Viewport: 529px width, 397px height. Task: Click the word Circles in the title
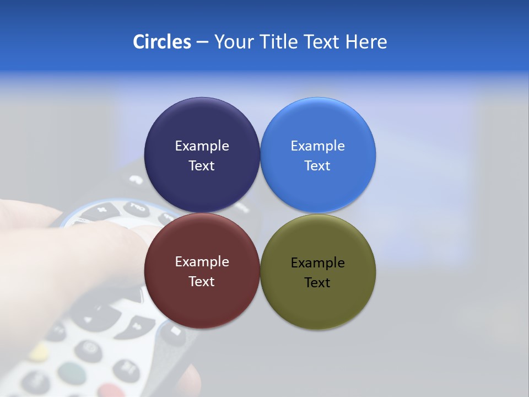(x=162, y=42)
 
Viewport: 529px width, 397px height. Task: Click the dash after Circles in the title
(x=202, y=42)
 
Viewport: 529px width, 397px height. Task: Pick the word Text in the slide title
(x=322, y=42)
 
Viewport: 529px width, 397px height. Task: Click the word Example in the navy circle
(x=202, y=146)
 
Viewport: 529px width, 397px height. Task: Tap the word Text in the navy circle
(x=202, y=166)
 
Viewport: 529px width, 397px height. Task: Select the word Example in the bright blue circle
(x=317, y=146)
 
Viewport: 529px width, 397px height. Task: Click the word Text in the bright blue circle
(x=317, y=166)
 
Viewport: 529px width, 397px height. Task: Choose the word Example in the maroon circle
(x=202, y=262)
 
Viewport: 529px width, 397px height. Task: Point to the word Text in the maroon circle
(x=202, y=282)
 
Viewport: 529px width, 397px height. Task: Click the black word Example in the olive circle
(x=317, y=263)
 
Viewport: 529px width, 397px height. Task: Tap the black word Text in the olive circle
(x=317, y=283)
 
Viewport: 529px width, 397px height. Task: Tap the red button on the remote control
(x=112, y=390)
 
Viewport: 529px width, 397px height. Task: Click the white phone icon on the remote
(x=135, y=179)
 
